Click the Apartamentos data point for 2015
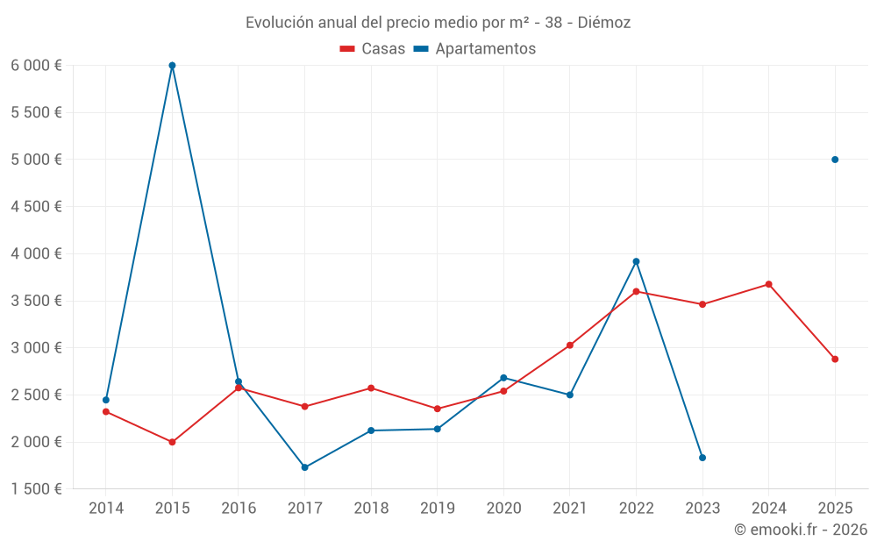172,66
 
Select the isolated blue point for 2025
835,160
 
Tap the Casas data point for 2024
768,284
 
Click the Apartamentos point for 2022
636,261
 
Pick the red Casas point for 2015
172,442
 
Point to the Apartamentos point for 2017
304,467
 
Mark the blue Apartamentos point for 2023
702,458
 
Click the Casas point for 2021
570,345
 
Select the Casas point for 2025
835,359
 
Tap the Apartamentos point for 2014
106,400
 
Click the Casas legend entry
373,49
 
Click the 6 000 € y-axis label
36,66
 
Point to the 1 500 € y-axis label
36,489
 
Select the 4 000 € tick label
36,254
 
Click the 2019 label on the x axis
437,509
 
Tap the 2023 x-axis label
702,509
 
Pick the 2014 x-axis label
106,509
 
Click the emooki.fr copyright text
800,530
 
